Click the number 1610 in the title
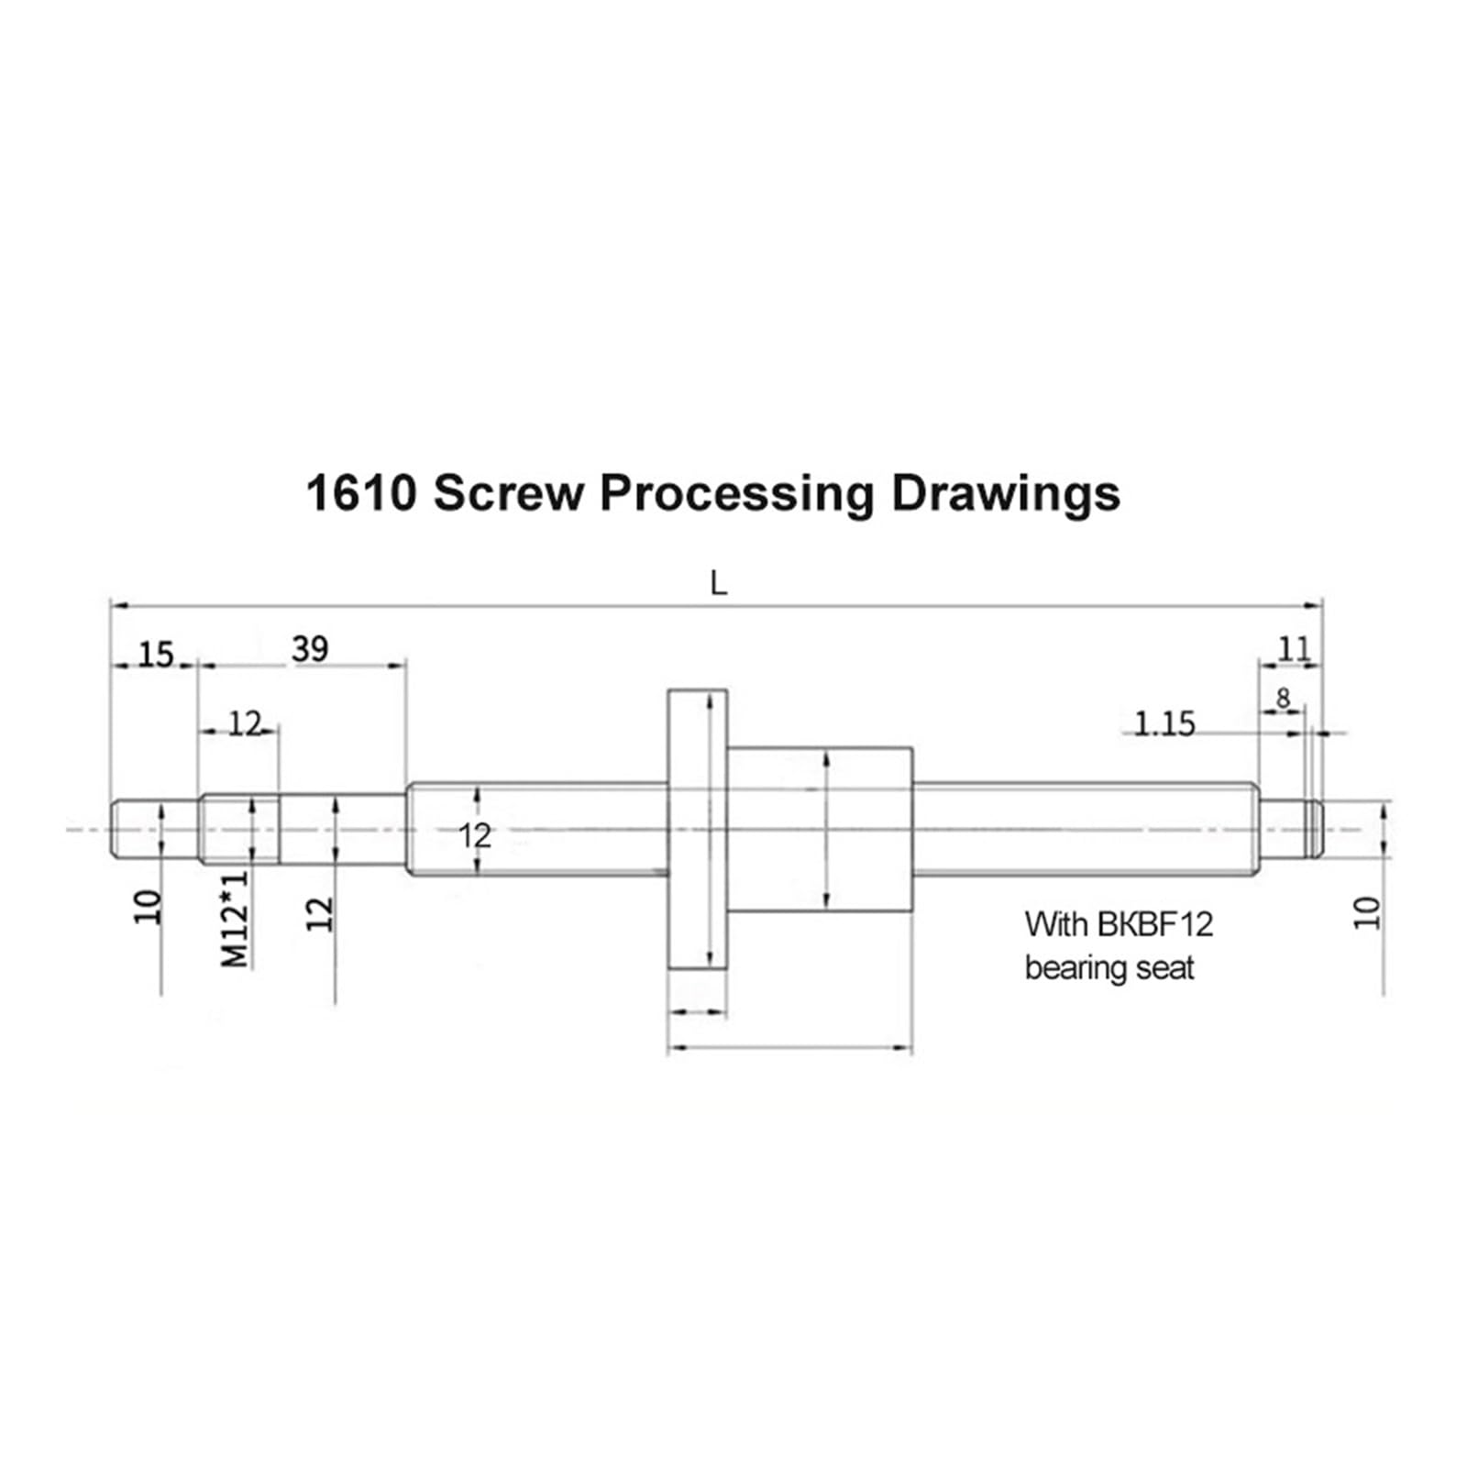tap(361, 493)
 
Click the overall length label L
tap(718, 583)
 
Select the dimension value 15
tap(155, 655)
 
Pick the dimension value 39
tap(310, 649)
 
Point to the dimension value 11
tap(1294, 649)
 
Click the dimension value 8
tap(1283, 699)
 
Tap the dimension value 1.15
tap(1164, 724)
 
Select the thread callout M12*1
tap(235, 919)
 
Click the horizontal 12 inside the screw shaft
tap(475, 835)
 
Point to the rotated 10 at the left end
tap(148, 908)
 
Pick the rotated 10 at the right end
tap(1366, 913)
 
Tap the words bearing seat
tap(1109, 968)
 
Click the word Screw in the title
tap(508, 493)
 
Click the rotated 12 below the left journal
tap(319, 913)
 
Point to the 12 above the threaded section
tap(245, 724)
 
